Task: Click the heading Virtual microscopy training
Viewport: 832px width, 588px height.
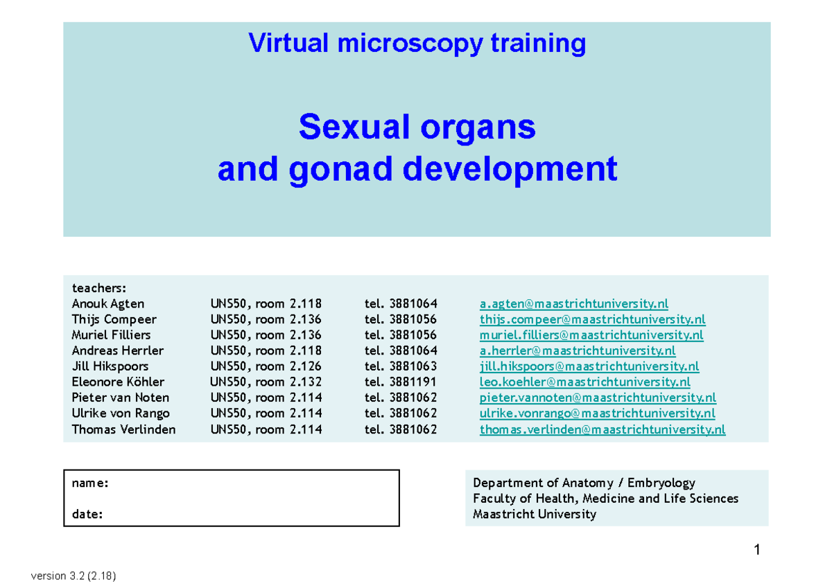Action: (x=417, y=44)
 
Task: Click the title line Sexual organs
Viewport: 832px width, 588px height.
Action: (x=417, y=127)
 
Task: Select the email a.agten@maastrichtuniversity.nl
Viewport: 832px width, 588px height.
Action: (x=573, y=303)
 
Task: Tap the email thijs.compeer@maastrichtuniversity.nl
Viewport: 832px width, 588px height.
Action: (x=592, y=319)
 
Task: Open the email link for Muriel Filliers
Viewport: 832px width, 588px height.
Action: (x=591, y=335)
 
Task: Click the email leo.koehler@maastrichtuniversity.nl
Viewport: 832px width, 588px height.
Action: (x=584, y=382)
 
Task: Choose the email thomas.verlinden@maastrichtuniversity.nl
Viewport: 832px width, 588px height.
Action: (x=602, y=429)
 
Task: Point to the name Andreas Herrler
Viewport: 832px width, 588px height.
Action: (x=117, y=350)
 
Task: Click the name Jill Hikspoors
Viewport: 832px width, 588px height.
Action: (x=110, y=366)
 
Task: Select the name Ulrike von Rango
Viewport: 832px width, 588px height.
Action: (x=120, y=413)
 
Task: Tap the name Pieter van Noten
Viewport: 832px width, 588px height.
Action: (x=120, y=398)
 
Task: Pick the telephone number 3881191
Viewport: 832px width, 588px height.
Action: (x=413, y=382)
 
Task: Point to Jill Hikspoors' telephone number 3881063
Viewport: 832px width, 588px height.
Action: (x=413, y=366)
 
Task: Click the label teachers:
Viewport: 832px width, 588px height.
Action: (x=98, y=287)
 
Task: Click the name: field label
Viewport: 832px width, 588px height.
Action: (x=89, y=483)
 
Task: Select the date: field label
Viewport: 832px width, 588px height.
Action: (x=87, y=514)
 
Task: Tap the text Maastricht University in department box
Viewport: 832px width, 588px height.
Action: (x=534, y=514)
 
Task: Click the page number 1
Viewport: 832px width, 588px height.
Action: (x=757, y=551)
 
